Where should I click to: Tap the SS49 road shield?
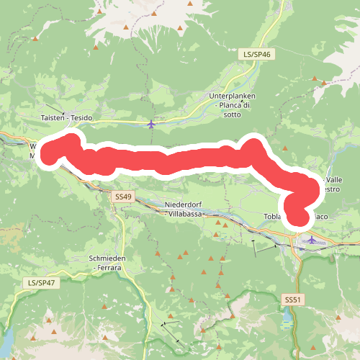(x=123, y=196)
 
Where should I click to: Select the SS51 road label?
(x=292, y=299)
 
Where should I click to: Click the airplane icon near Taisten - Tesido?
(x=150, y=125)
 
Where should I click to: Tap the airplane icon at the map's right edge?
(x=311, y=240)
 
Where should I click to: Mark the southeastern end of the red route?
(x=297, y=214)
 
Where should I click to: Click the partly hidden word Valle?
(x=334, y=179)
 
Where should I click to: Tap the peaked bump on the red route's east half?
(x=253, y=145)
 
